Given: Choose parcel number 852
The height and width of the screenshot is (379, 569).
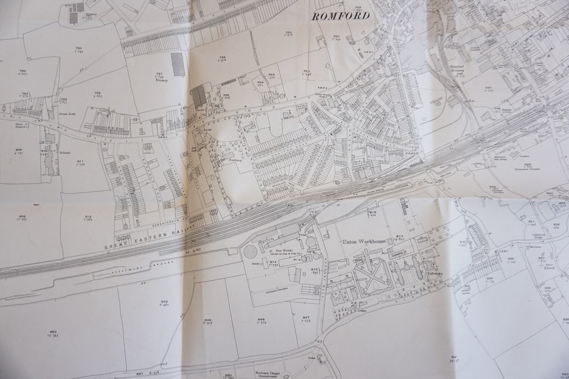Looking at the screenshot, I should [164, 301].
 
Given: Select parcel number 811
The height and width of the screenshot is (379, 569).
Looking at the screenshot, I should [81, 161].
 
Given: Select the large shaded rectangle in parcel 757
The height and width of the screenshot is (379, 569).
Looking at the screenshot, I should [177, 63].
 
